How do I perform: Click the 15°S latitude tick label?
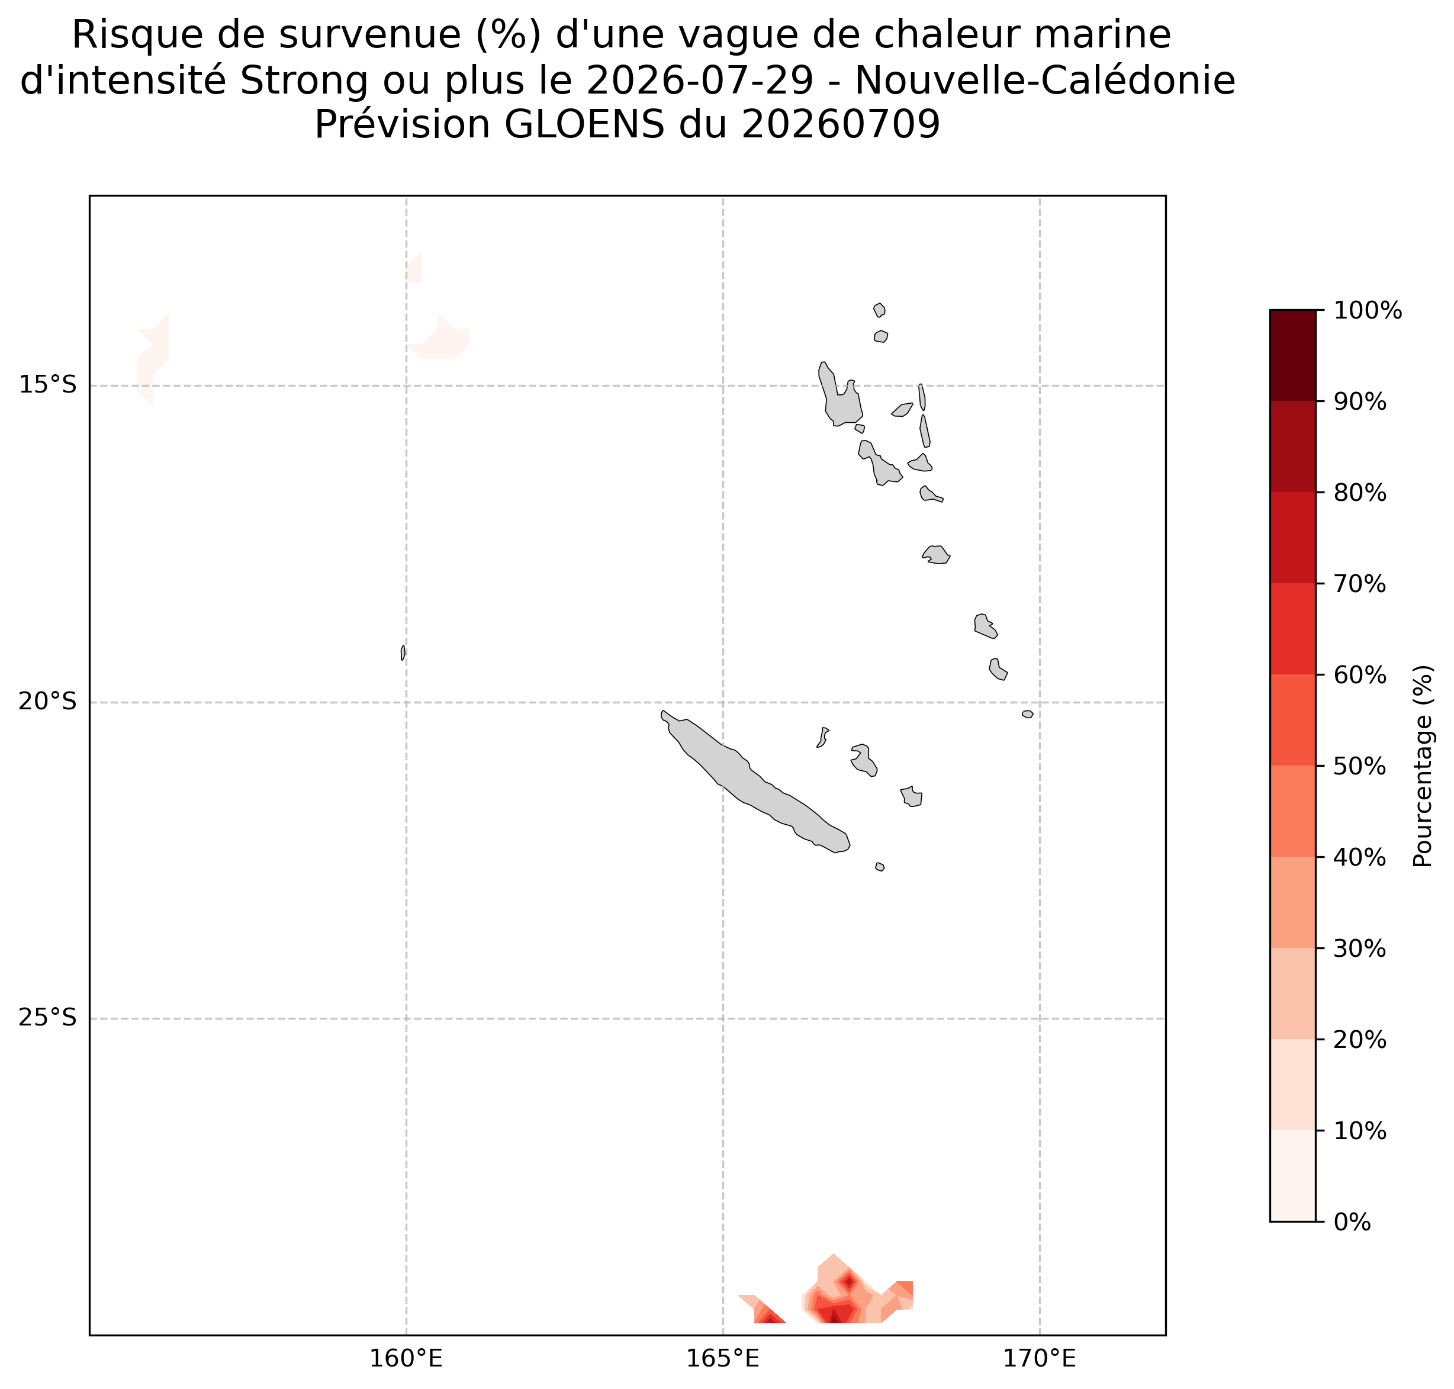point(47,386)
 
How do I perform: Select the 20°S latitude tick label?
point(47,702)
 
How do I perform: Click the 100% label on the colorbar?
point(1368,311)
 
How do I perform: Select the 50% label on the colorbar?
point(1360,766)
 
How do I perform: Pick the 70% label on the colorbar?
point(1360,584)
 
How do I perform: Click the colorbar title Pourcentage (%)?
point(1423,766)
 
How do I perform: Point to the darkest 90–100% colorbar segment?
point(1292,355)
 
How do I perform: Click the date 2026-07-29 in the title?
point(700,80)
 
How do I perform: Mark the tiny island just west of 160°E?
point(403,652)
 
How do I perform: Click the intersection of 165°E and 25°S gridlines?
point(722,1019)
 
